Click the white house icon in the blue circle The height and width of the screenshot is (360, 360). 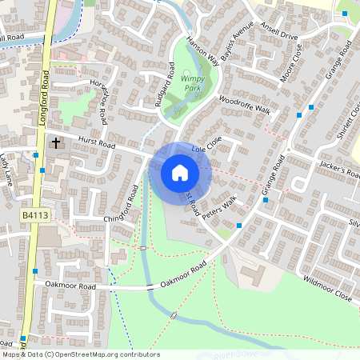[x=180, y=173]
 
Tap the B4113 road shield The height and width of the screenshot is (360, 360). [x=33, y=216]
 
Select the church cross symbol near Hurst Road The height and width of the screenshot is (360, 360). [x=55, y=143]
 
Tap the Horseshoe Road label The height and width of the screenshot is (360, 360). [x=100, y=102]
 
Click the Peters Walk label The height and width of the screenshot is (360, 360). [x=220, y=210]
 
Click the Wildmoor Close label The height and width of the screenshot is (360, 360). [x=327, y=289]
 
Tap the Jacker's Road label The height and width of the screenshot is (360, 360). [x=340, y=170]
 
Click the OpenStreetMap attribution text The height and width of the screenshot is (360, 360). [x=80, y=354]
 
